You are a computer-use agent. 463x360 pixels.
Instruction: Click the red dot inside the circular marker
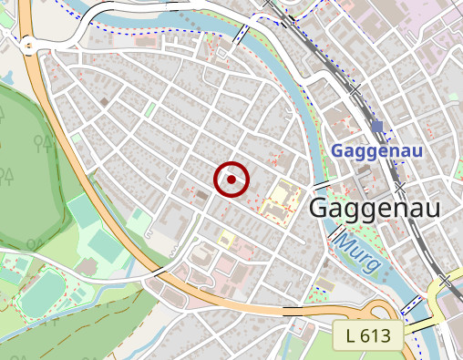pos(231,180)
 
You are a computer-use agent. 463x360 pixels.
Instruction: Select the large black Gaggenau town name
pos(375,208)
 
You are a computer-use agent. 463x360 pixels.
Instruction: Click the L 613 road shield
pos(368,335)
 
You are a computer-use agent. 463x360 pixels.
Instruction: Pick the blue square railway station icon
pos(377,126)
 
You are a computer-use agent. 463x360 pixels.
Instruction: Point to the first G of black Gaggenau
pos(321,208)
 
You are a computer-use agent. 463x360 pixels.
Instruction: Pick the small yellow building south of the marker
pos(226,240)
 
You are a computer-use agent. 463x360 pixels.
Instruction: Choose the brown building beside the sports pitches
pos(88,265)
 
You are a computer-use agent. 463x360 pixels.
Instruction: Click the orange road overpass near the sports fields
pos(159,272)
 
